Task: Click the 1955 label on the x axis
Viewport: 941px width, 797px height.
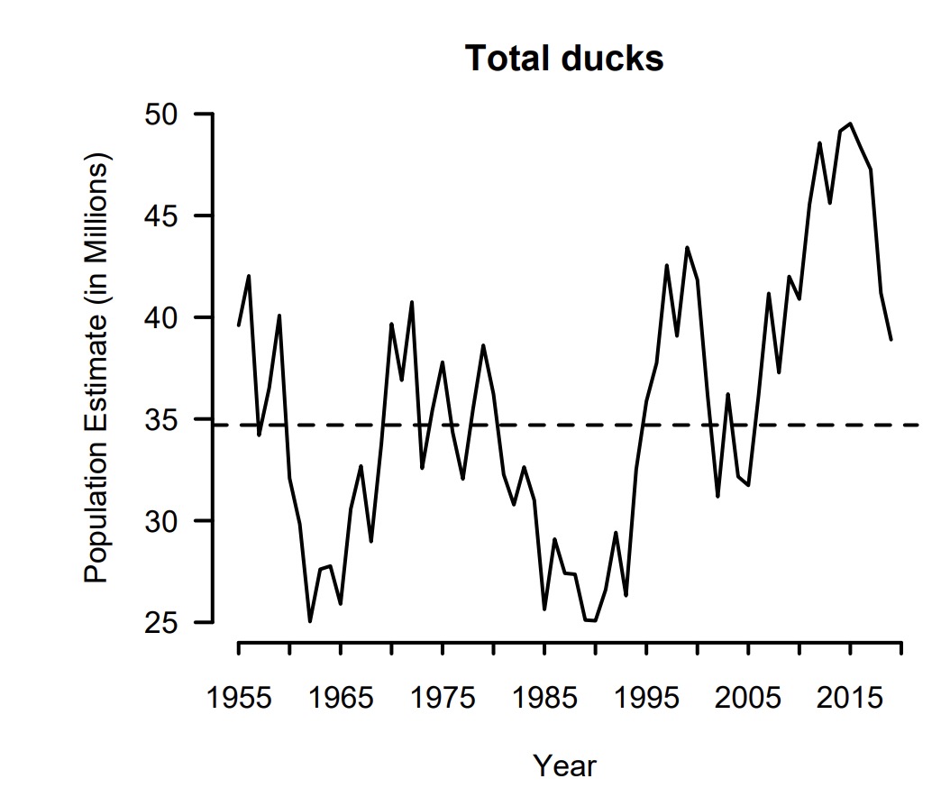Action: coord(239,699)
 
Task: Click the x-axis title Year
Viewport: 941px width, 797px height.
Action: coord(564,765)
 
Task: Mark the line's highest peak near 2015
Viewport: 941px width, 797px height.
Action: coord(850,124)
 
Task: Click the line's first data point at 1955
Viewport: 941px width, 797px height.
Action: coord(239,325)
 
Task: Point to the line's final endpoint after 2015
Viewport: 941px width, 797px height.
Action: coord(891,339)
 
